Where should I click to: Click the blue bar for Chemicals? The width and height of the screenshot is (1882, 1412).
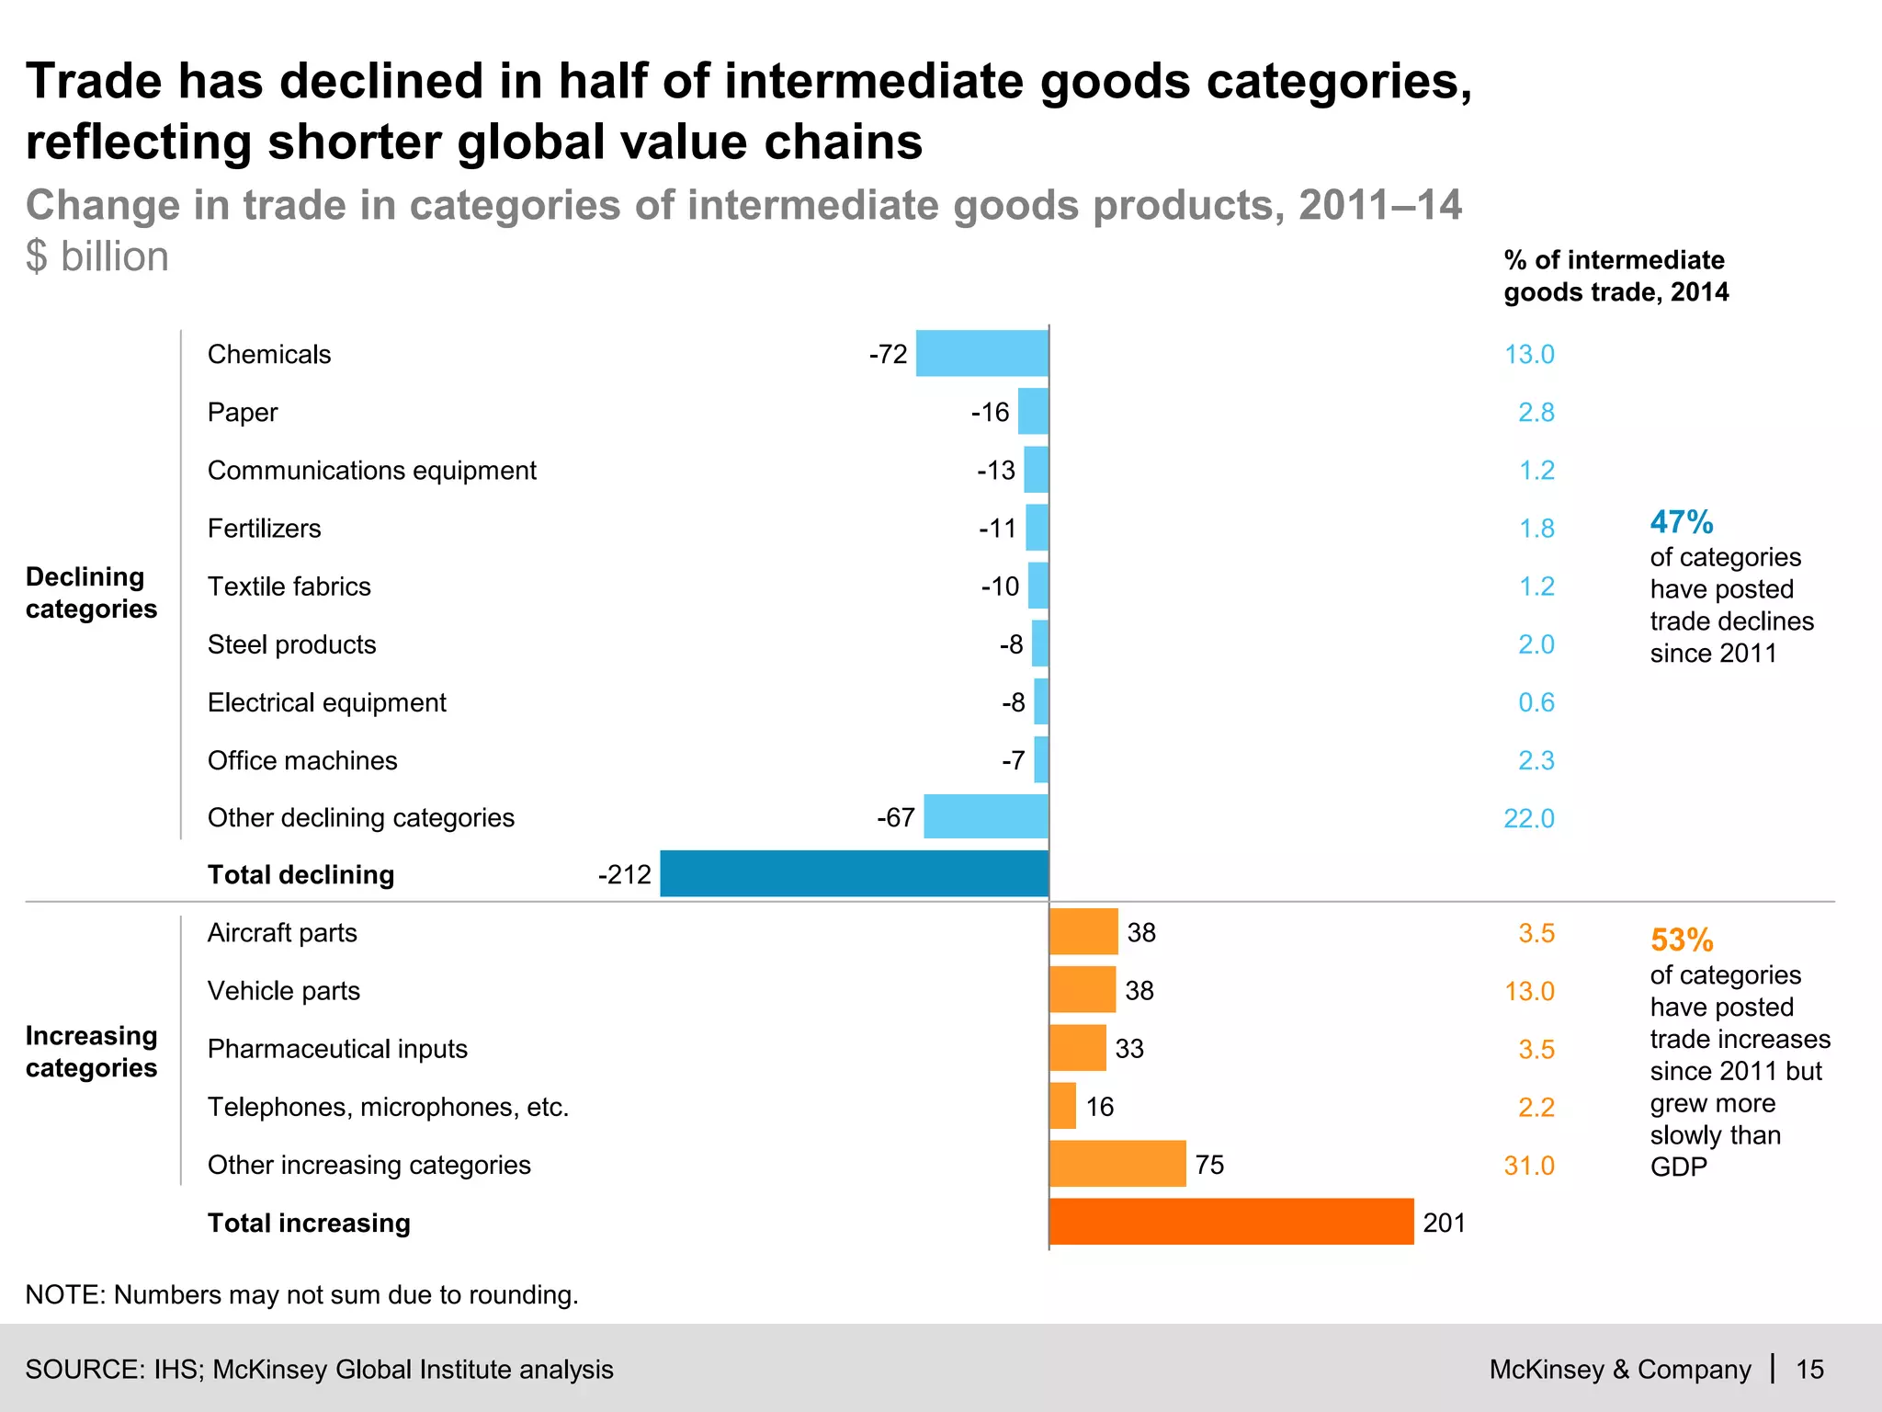pyautogui.click(x=981, y=353)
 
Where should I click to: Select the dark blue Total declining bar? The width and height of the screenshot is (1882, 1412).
pyautogui.click(x=854, y=873)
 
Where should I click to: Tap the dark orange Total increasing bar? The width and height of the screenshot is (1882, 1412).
pyautogui.click(x=1230, y=1222)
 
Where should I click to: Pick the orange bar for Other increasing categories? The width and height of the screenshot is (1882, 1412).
pyautogui.click(x=1117, y=1164)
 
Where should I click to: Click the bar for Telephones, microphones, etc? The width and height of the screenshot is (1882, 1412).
pyautogui.click(x=1062, y=1106)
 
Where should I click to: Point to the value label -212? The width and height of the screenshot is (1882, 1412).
pyautogui.click(x=624, y=874)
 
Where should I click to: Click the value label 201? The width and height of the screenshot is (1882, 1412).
pyautogui.click(x=1444, y=1223)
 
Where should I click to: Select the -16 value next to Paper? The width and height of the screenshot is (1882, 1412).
pyautogui.click(x=990, y=412)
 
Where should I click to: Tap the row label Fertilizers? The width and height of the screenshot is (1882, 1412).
pyautogui.click(x=264, y=529)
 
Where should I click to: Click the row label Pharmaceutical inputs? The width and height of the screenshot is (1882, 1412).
pyautogui.click(x=337, y=1049)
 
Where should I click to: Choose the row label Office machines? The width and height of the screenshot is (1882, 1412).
pyautogui.click(x=302, y=760)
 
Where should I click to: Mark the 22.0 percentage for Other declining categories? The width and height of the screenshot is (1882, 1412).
pyautogui.click(x=1528, y=818)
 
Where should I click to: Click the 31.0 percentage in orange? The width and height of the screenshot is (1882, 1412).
pyautogui.click(x=1528, y=1166)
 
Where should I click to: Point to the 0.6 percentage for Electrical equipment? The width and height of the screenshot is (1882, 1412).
pyautogui.click(x=1536, y=702)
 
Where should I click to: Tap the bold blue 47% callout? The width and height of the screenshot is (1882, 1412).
pyautogui.click(x=1681, y=522)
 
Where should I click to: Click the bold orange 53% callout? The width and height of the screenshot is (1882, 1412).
pyautogui.click(x=1681, y=940)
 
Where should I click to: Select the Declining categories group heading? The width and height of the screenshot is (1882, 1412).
pyautogui.click(x=91, y=592)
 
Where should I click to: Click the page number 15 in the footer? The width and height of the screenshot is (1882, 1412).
pyautogui.click(x=1809, y=1369)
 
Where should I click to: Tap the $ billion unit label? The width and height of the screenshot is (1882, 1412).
pyautogui.click(x=97, y=256)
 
